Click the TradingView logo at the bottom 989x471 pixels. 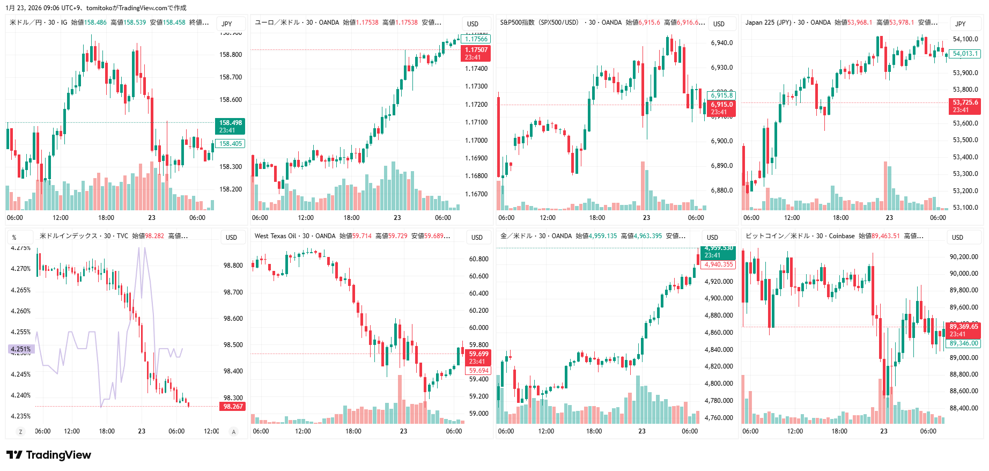point(49,455)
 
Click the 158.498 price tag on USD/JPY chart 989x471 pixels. point(230,126)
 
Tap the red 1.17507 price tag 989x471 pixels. point(476,53)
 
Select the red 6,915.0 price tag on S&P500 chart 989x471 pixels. point(721,108)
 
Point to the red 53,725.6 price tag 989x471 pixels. point(966,106)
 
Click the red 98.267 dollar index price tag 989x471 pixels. point(233,407)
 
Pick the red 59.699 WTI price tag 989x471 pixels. point(478,357)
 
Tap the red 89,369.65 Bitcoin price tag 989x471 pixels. point(964,330)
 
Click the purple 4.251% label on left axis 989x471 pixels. point(21,349)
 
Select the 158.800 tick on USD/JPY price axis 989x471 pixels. point(231,55)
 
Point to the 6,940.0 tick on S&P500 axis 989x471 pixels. point(721,43)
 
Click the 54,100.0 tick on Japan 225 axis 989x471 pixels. point(965,39)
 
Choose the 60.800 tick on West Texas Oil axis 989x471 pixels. point(478,259)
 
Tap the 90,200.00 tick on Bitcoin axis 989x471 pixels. point(964,257)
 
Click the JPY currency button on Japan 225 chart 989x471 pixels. point(960,24)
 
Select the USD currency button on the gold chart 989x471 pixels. point(712,237)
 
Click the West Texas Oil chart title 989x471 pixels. point(275,236)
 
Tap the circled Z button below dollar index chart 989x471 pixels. point(20,431)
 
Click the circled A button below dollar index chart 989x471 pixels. point(233,431)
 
